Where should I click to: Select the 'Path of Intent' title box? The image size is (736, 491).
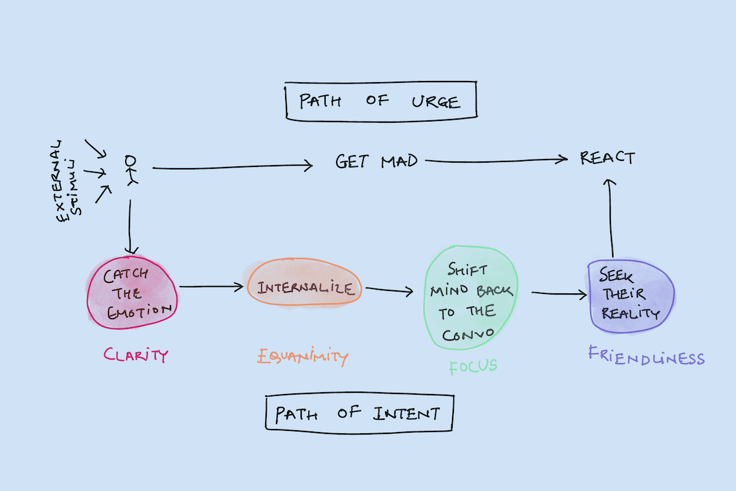(x=359, y=413)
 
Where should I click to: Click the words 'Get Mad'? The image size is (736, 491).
(x=376, y=161)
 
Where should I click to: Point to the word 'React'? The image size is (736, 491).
(x=607, y=158)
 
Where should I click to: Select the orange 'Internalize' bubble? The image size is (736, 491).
(x=305, y=288)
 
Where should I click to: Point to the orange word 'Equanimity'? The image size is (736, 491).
(x=302, y=356)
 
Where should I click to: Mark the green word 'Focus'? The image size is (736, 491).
(x=473, y=367)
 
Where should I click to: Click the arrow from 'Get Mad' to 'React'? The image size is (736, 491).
(x=497, y=161)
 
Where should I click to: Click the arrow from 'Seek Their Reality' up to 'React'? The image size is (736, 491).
(x=610, y=218)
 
